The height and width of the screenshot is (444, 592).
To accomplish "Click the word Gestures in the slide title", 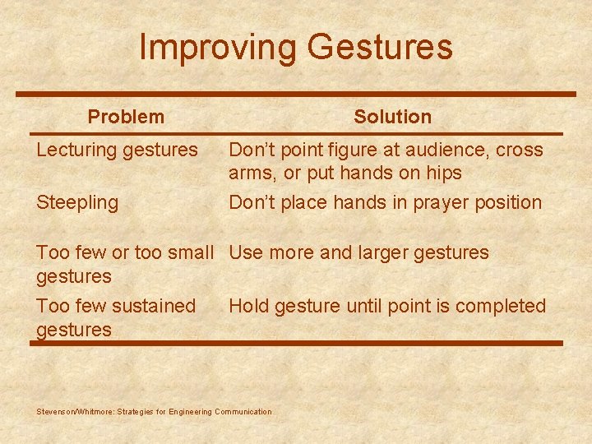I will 379,47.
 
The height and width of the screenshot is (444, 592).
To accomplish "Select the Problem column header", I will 126,117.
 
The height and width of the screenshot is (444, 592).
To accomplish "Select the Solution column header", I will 392,117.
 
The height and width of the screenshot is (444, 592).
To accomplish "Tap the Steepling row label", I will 77,202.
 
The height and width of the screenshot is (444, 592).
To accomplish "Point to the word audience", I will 414,150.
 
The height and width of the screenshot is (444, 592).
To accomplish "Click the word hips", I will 445,173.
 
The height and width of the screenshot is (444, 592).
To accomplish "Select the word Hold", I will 248,306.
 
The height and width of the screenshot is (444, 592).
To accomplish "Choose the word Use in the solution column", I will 245,253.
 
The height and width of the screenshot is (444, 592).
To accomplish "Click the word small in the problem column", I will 189,253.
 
